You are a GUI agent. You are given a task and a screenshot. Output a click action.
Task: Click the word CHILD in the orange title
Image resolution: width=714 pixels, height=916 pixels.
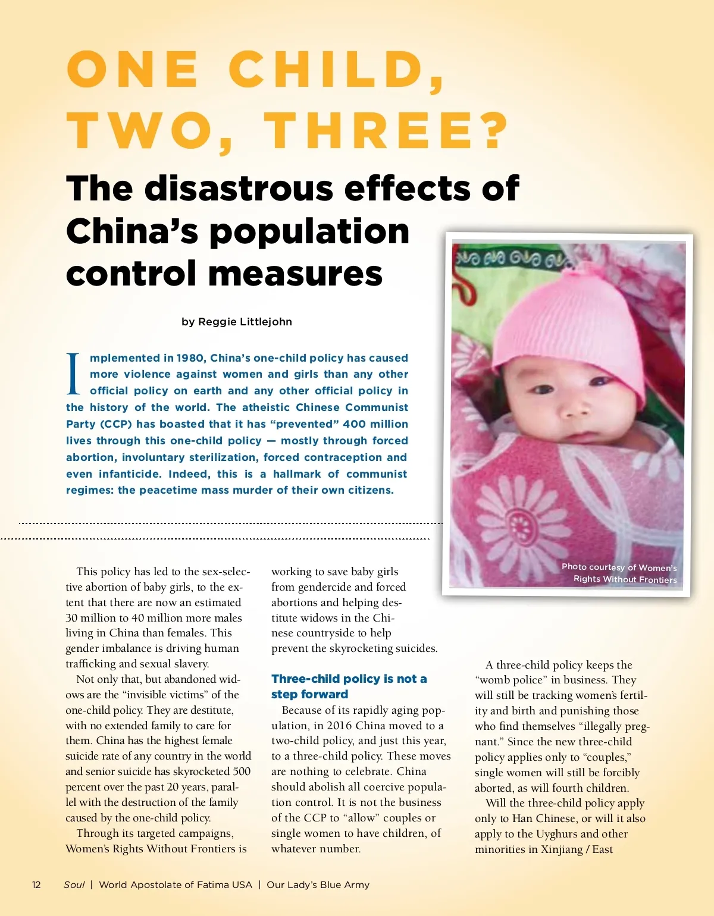(x=336, y=70)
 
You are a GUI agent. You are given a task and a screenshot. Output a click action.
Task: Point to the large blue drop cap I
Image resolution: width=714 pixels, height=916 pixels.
(x=73, y=374)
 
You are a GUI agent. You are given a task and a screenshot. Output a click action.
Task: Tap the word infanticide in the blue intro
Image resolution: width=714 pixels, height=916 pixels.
(x=130, y=474)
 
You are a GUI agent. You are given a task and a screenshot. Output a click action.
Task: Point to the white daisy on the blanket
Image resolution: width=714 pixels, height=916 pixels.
(x=521, y=523)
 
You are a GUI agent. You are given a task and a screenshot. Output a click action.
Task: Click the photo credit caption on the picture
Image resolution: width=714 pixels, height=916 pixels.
(x=619, y=573)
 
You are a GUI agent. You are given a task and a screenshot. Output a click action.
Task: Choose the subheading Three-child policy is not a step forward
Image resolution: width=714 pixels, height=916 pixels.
(x=349, y=686)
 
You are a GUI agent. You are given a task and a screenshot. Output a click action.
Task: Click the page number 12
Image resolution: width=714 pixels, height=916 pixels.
(x=36, y=884)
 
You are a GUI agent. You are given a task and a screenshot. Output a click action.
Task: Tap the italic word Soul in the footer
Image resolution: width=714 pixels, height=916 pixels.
(x=74, y=884)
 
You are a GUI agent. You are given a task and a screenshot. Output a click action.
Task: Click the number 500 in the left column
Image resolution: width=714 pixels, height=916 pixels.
(x=242, y=771)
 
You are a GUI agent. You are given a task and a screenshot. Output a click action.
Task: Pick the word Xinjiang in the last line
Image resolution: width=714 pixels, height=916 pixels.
(x=562, y=849)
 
